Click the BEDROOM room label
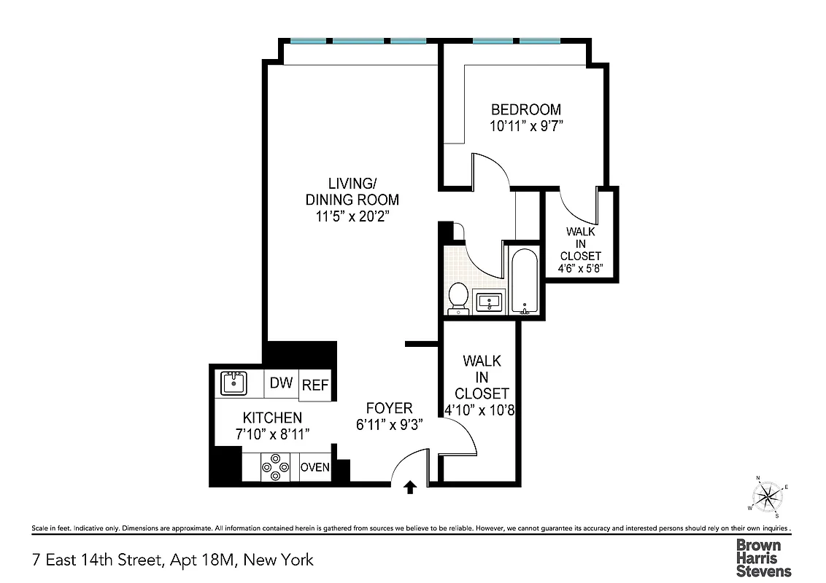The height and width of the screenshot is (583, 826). coord(526,109)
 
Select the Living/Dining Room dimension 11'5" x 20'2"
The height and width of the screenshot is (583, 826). coord(352,216)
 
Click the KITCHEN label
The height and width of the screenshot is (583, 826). coord(272,418)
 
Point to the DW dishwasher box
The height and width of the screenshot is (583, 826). coord(281,383)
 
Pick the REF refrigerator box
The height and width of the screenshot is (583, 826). coord(315,386)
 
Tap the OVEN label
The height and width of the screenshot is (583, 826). coord(315,467)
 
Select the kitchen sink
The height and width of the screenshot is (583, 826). coord(233,383)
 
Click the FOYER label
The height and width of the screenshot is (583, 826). coord(389,408)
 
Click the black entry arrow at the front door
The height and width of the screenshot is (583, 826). coord(409,487)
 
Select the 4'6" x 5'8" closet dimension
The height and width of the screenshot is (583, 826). coord(581,268)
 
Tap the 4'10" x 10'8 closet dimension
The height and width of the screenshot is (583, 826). coord(481,410)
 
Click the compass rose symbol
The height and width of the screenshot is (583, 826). coord(766,498)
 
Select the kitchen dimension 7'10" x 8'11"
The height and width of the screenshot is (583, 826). coord(272,434)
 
